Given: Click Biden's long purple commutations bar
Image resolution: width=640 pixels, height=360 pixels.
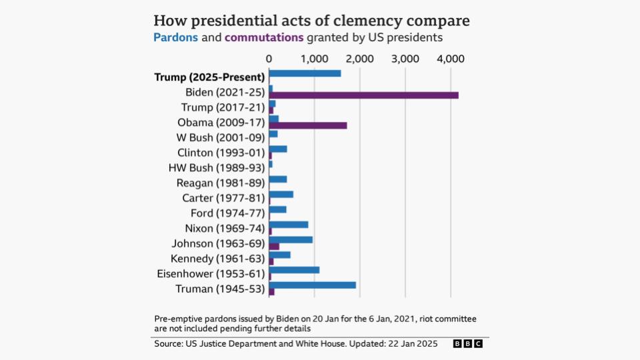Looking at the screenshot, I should coord(363,95).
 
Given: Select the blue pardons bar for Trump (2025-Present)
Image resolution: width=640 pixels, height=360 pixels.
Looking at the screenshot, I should coord(305,73).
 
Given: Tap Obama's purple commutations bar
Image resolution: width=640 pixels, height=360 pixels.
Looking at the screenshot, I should coord(308,125).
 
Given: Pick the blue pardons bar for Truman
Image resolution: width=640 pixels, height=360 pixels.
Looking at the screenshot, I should coord(312,285).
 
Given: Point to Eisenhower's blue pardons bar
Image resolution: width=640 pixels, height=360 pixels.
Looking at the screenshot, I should coord(294,270).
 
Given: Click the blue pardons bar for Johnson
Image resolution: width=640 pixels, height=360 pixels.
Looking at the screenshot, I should coord(291,239).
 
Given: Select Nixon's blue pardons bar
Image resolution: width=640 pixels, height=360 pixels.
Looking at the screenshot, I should coord(289,225).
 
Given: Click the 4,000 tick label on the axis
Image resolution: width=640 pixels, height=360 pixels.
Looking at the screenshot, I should coord(450,59).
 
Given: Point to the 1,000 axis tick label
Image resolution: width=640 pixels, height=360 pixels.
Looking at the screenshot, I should coord(314,59).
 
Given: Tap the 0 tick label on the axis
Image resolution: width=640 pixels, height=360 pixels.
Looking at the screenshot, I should coord(269,59).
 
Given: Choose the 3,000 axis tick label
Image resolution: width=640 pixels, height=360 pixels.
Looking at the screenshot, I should coord(405,59).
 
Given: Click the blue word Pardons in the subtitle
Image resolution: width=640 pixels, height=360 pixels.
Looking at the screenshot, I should coord(176,37).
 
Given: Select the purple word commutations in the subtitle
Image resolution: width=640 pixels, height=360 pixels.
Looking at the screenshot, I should coord(264,37).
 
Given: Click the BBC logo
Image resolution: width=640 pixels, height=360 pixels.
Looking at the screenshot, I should coord(468,344).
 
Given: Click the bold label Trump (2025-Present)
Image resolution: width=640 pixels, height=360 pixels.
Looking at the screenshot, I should coord(209,77).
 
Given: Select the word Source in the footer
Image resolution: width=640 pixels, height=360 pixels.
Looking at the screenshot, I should coord(170,344).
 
